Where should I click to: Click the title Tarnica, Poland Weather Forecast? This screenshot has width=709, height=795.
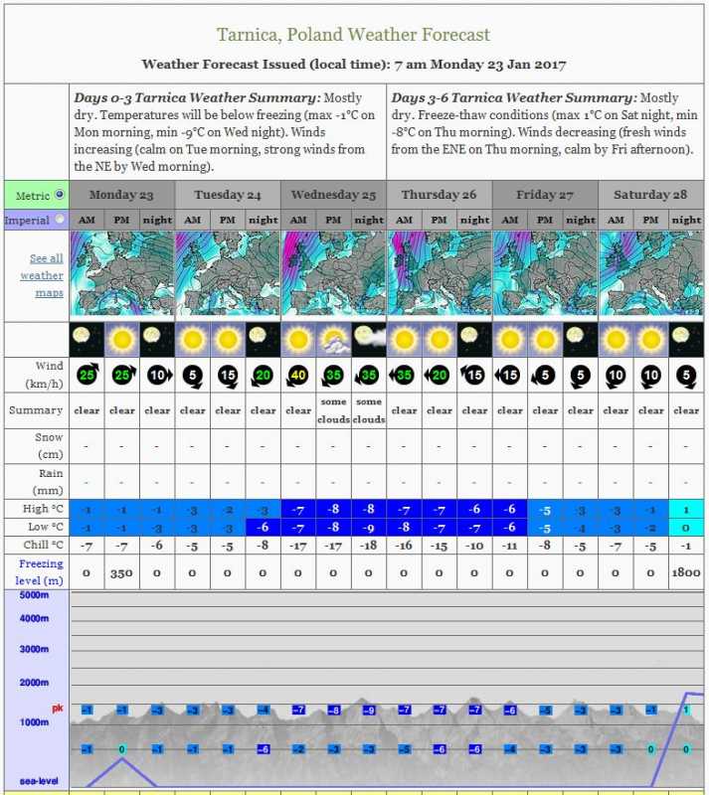[353, 35]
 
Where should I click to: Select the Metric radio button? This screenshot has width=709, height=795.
[59, 195]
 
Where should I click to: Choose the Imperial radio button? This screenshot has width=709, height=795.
[59, 220]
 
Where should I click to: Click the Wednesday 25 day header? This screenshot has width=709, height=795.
[333, 195]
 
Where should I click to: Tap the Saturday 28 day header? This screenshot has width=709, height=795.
[650, 195]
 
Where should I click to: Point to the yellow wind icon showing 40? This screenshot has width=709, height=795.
[297, 376]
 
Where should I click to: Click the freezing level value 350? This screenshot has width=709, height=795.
[121, 573]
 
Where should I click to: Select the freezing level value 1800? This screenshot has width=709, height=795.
[685, 573]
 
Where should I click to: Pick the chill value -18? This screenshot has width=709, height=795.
[368, 545]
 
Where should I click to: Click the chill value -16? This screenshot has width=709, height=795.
[404, 545]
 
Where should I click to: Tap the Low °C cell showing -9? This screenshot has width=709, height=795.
[368, 527]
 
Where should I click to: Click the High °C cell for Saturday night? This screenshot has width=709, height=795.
[685, 509]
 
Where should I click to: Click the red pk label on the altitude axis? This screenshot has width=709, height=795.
[58, 709]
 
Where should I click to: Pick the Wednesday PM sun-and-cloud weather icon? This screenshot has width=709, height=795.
[333, 339]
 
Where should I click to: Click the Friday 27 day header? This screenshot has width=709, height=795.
[544, 195]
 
